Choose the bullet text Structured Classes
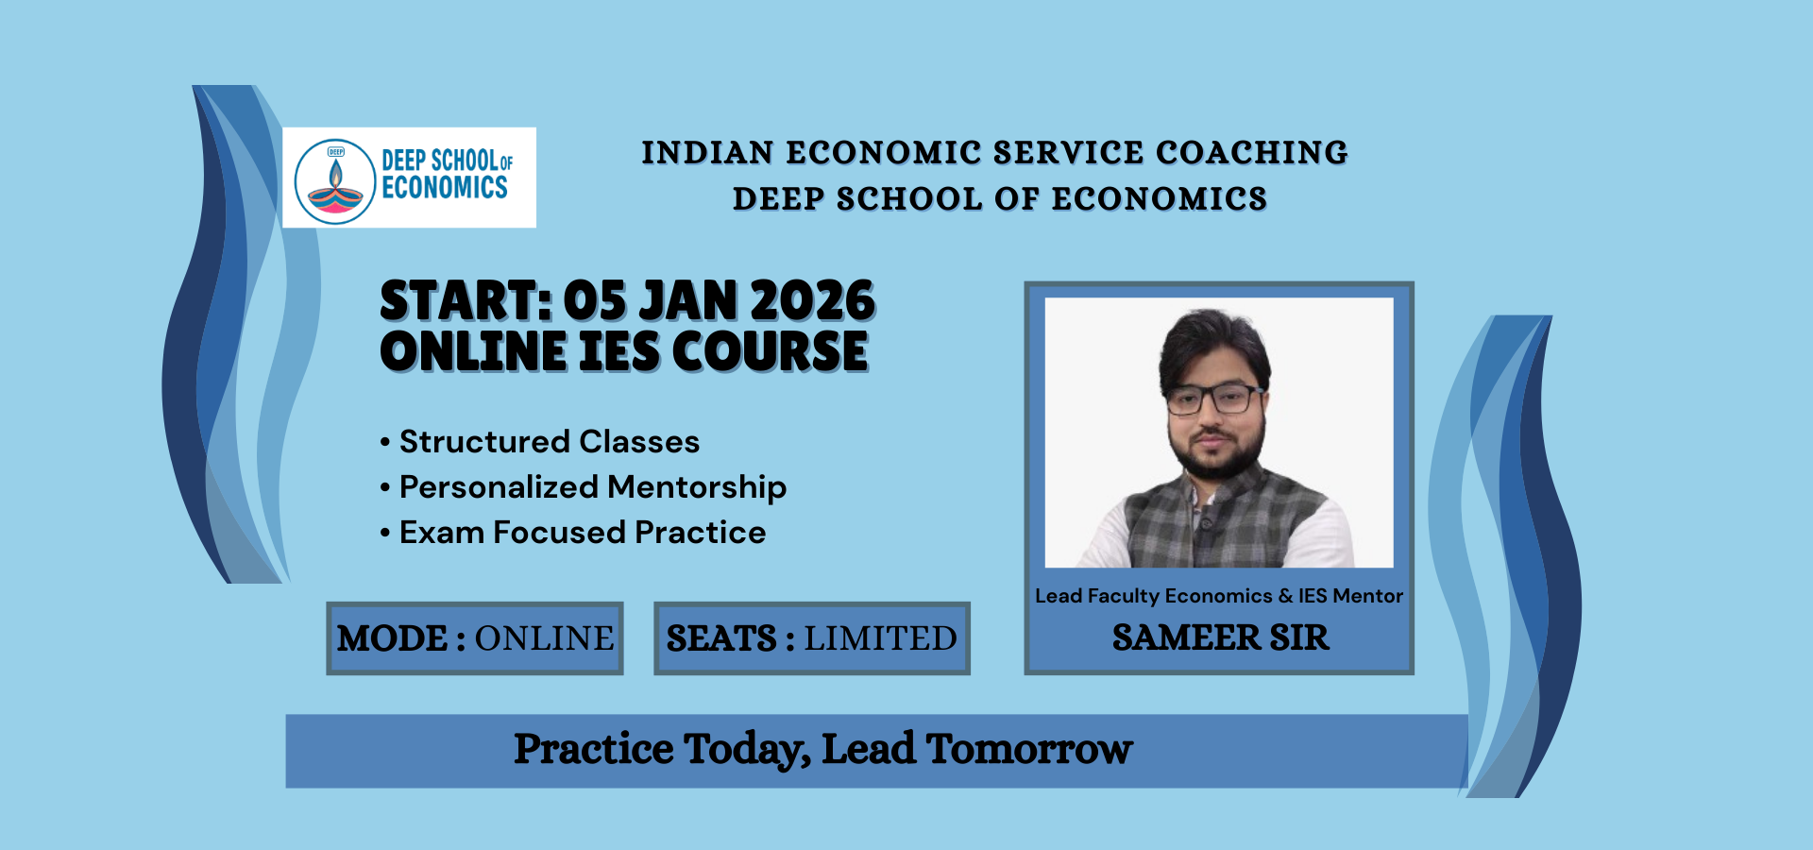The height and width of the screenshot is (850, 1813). pos(550,441)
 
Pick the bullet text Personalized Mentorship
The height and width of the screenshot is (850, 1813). pos(593,487)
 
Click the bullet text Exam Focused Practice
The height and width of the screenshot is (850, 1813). pos(583,533)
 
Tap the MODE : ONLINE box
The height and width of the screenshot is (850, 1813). pos(475,638)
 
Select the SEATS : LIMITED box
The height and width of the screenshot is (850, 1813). pos(812,638)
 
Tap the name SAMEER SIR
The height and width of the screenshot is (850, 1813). pos(1220,638)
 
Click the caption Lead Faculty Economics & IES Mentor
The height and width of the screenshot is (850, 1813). pos(1219,596)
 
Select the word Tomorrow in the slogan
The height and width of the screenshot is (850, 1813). pos(1029,750)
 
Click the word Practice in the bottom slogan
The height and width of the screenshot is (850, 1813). pos(594,750)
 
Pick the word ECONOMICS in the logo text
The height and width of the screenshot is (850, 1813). pos(445,188)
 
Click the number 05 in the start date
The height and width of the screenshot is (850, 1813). pos(595,301)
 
